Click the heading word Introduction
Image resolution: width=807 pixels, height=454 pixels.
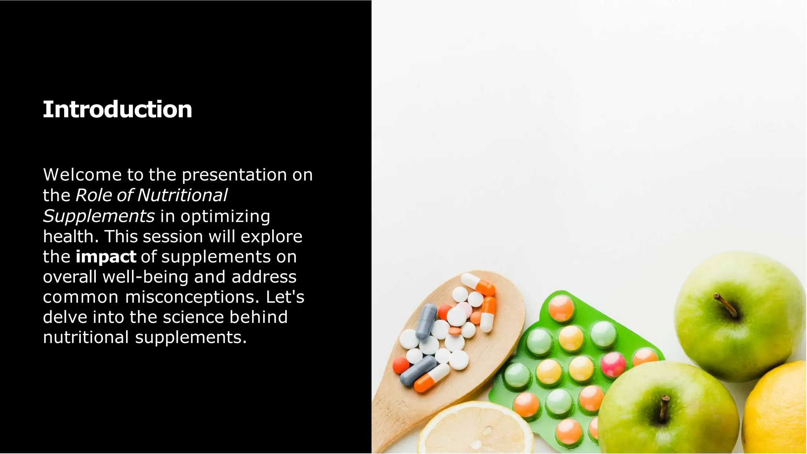117,109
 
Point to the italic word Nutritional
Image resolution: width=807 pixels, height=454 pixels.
182,195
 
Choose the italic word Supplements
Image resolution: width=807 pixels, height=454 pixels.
99,216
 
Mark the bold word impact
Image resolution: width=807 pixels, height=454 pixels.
106,257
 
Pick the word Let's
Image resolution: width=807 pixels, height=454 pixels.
285,297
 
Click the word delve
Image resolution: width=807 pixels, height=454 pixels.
65,317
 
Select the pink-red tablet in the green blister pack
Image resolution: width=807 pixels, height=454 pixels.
613,364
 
